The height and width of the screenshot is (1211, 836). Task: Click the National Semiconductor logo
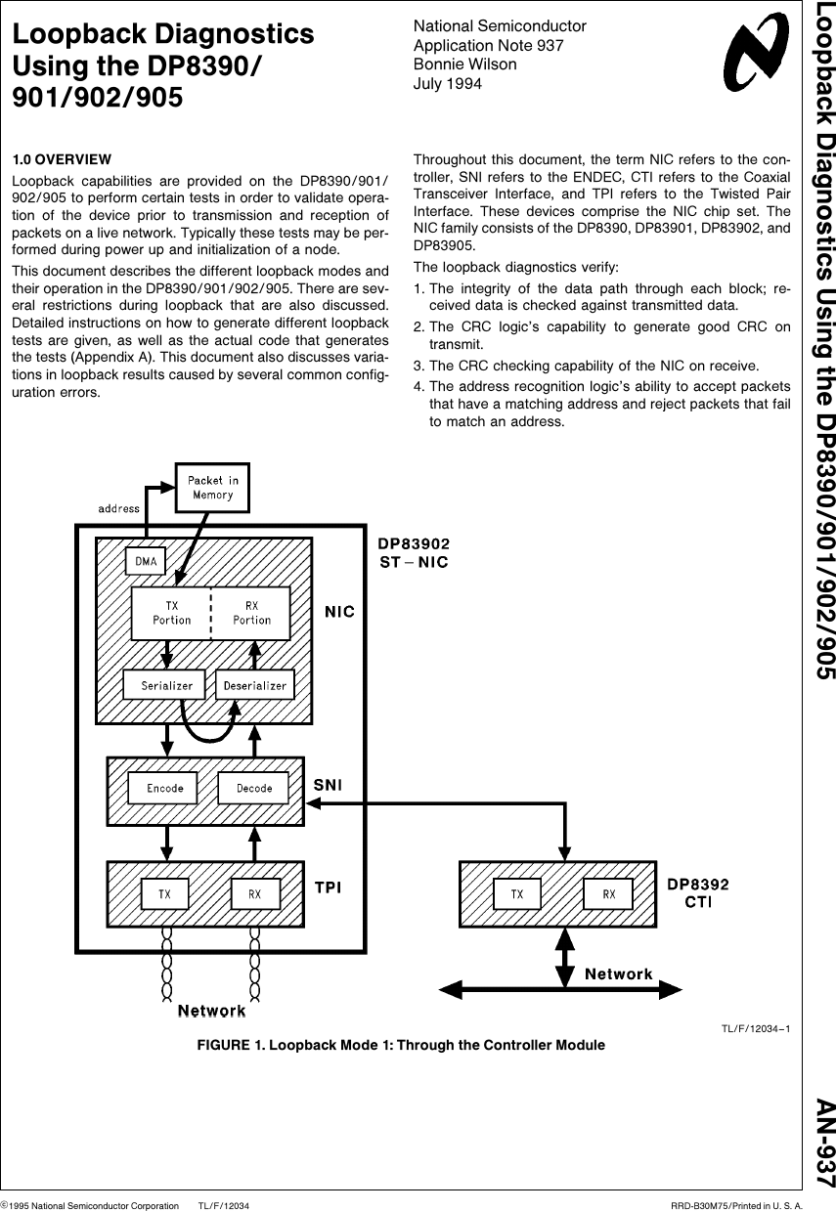pos(756,54)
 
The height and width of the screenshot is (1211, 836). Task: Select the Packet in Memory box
pos(212,487)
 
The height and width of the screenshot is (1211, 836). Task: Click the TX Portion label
pos(171,613)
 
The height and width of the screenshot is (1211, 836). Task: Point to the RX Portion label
pos(251,613)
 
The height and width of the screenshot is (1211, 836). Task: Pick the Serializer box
pos(166,685)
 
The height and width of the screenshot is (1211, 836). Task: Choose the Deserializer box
pos(254,685)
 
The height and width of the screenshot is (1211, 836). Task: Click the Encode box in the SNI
pos(164,788)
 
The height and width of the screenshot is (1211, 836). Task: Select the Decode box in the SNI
pos(254,788)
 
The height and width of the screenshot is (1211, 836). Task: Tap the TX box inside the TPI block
pos(167,893)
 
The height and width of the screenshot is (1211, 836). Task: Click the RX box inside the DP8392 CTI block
pos(608,893)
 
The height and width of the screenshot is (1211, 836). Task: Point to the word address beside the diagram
pos(118,508)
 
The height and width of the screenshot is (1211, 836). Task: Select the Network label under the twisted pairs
pos(211,1010)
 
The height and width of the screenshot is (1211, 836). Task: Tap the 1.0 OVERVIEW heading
pos(61,159)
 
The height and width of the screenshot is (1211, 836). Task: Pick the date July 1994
pos(448,83)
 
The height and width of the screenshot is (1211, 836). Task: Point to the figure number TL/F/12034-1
pos(755,1027)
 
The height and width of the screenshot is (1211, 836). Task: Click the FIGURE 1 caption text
pos(401,1045)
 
